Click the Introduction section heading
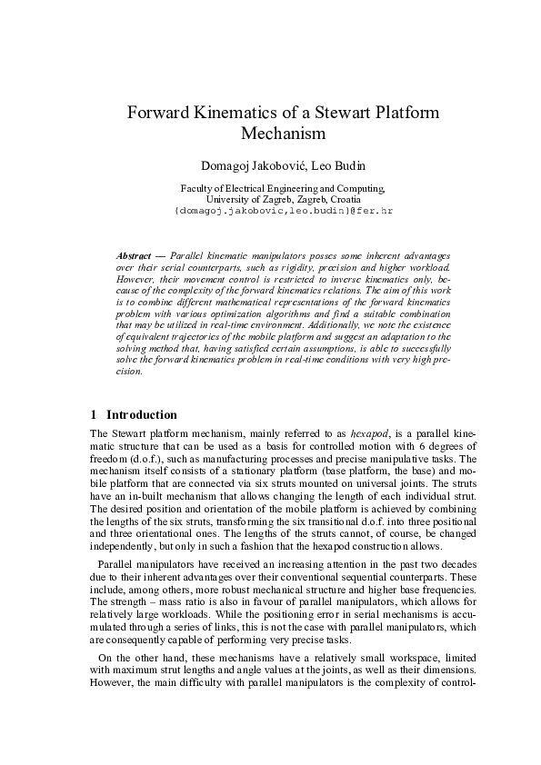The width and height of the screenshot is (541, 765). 142,414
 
